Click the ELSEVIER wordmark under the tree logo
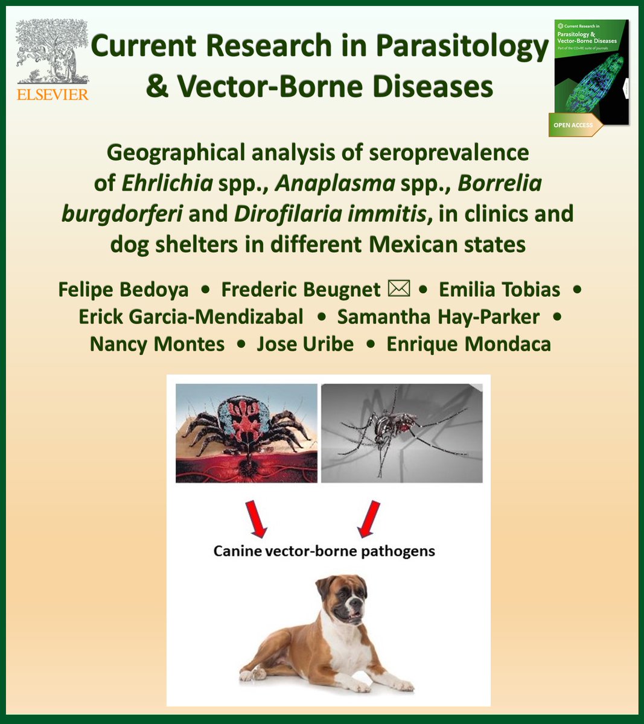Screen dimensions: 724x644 53,94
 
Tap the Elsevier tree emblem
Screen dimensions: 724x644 53,51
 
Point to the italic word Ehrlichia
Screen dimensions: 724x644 167,183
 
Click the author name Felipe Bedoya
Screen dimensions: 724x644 123,289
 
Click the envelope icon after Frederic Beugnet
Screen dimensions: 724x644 399,288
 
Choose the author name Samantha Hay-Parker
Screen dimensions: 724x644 439,316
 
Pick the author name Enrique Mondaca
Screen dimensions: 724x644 468,344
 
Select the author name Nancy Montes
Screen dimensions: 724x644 157,344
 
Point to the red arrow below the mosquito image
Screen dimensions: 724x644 370,519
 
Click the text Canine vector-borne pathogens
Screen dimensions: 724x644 324,551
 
